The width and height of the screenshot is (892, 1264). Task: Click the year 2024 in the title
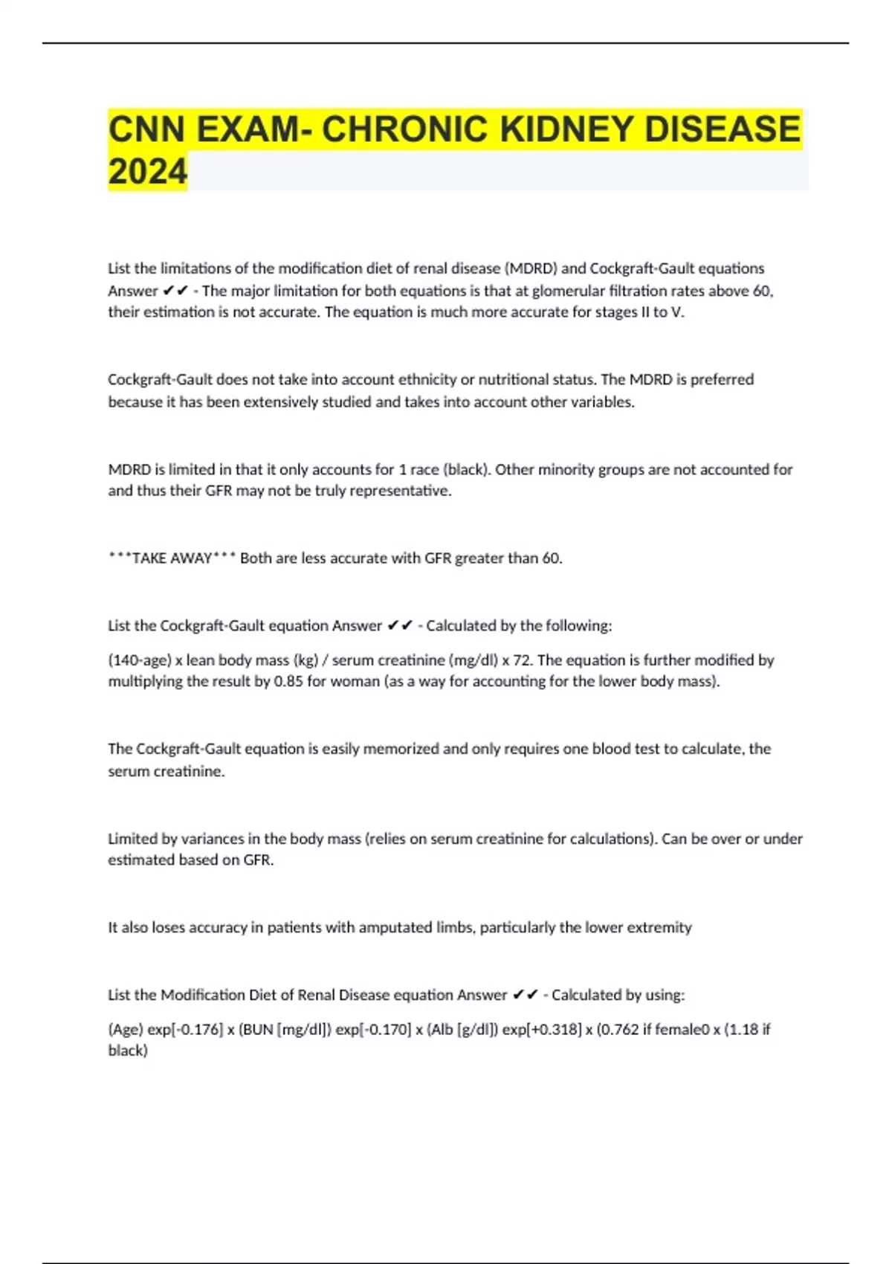[147, 172]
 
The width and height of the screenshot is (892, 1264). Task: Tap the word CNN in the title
[146, 129]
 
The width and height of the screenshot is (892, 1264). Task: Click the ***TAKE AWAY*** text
[172, 558]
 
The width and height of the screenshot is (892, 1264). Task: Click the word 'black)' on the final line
[128, 1051]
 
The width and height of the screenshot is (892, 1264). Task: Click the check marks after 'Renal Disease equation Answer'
[526, 995]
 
